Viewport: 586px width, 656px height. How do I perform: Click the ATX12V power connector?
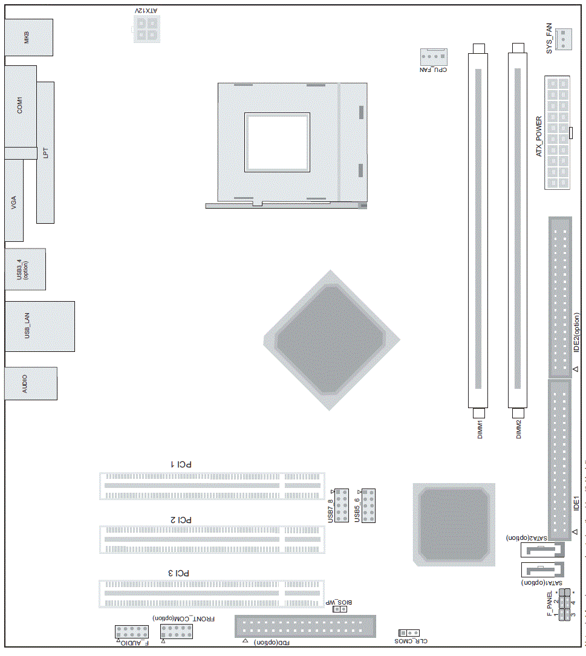147,29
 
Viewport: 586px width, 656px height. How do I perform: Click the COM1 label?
19,105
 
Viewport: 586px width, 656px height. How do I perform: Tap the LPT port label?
45,153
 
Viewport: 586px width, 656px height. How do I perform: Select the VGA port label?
13,203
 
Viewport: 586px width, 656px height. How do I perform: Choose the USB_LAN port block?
39,326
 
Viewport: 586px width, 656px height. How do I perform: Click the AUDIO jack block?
31,383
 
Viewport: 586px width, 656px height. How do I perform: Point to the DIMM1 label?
479,430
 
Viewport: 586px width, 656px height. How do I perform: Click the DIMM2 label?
518,430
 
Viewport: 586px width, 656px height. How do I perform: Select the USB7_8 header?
342,505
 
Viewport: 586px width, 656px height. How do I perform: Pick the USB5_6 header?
368,505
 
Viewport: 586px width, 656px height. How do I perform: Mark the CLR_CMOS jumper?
409,632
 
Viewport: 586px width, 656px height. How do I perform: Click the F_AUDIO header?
132,632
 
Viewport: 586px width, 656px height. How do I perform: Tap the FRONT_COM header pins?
177,632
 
